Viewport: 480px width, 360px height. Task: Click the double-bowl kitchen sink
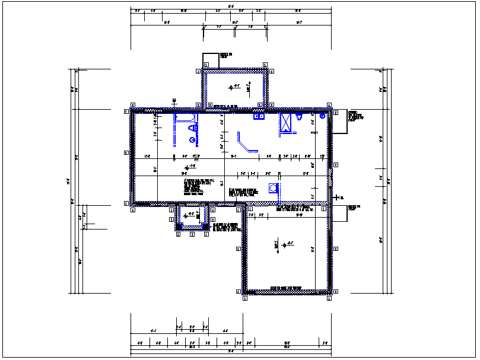tap(259, 117)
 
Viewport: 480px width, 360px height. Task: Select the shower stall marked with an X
tap(287, 124)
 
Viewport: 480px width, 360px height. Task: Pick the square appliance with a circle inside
tap(274, 189)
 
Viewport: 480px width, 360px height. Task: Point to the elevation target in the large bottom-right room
tap(284, 244)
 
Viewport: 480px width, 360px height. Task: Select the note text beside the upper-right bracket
tap(354, 116)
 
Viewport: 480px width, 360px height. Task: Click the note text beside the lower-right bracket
tap(354, 208)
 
